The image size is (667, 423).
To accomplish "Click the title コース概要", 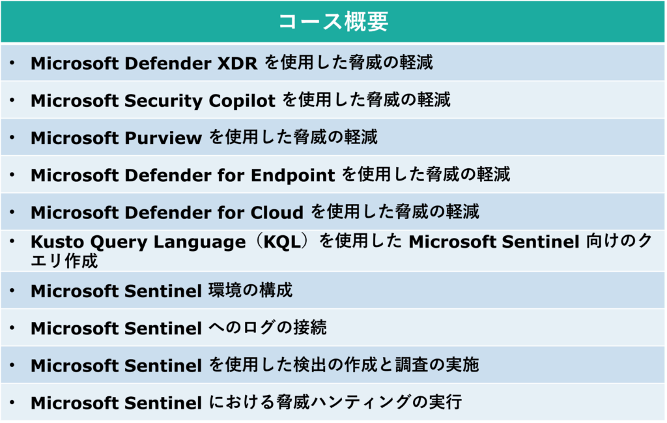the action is (x=333, y=22).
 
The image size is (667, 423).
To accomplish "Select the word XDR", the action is (x=237, y=63).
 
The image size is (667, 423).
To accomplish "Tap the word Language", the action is (x=199, y=242).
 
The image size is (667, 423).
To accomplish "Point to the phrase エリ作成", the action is (x=64, y=261).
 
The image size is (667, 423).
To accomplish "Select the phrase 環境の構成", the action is (x=251, y=291).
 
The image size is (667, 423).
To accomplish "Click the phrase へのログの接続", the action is (x=268, y=328).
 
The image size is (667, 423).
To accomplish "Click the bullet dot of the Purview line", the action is (x=12, y=138).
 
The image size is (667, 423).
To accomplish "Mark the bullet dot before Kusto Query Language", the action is (x=12, y=241).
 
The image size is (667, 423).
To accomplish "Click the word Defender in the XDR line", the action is (x=168, y=63).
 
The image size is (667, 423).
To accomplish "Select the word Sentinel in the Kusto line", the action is (x=540, y=242).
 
